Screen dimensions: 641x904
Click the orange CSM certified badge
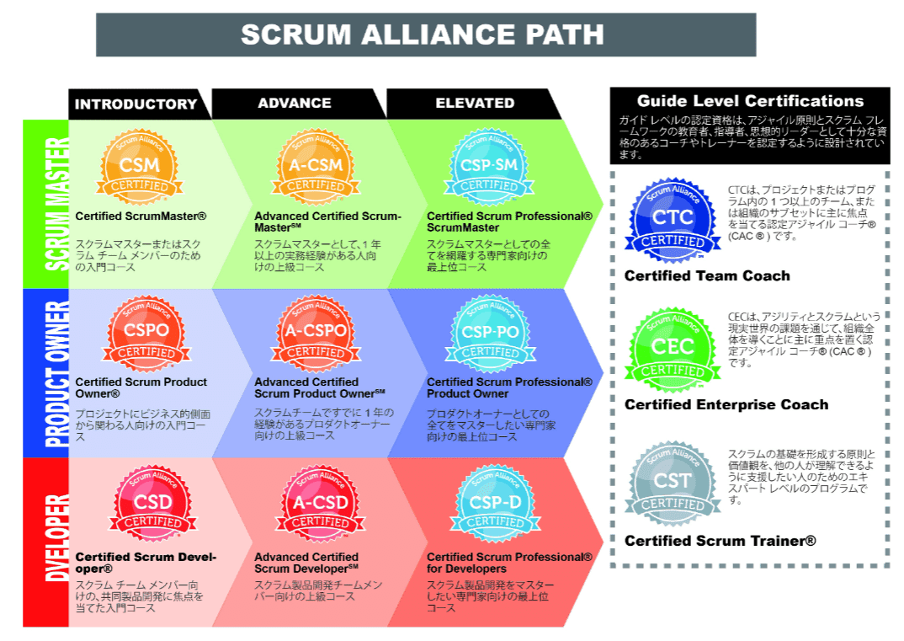(140, 166)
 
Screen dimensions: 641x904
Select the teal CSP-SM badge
(489, 166)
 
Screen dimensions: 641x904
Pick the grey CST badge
(673, 483)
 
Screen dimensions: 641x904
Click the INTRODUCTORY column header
(136, 104)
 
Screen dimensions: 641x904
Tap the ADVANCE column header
(295, 104)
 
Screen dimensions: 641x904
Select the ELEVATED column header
(475, 104)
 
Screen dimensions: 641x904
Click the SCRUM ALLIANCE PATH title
(423, 35)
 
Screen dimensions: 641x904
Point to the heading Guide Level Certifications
(750, 101)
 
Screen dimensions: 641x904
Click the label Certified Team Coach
(707, 275)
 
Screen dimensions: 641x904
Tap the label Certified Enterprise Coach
(726, 404)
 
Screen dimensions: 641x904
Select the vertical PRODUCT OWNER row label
(45, 373)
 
